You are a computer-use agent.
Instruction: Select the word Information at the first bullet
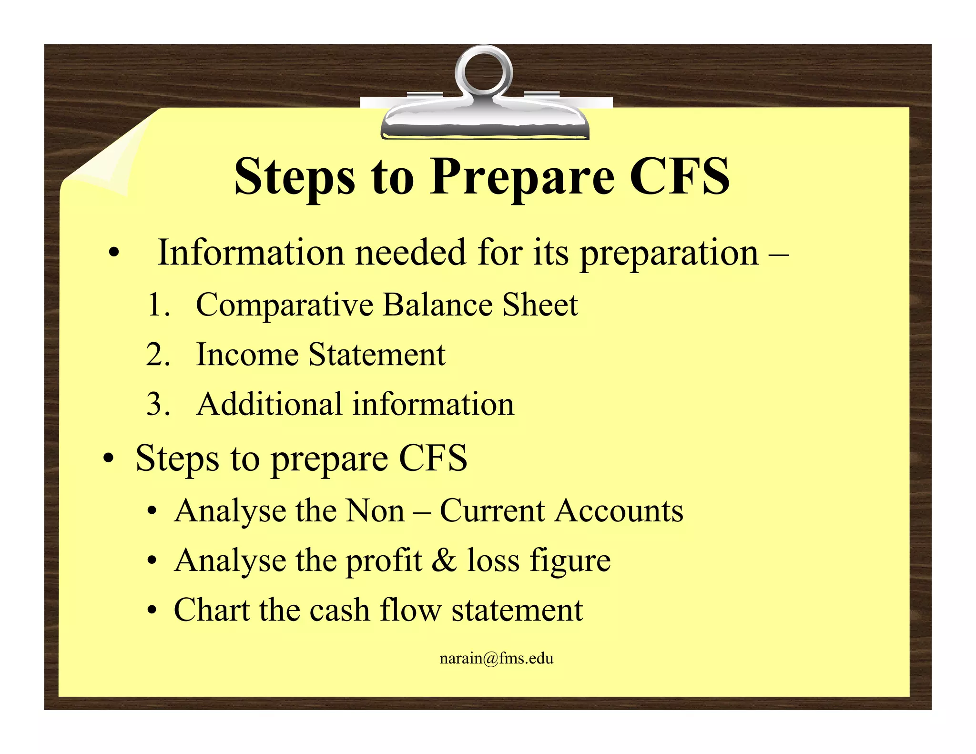click(251, 253)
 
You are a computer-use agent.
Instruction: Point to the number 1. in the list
click(158, 305)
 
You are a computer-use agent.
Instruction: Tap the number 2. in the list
click(158, 355)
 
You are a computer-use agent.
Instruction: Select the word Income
click(247, 355)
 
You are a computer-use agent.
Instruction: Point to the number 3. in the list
click(158, 405)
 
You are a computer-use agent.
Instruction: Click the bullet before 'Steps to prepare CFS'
click(109, 459)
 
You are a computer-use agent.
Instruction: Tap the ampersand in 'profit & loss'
click(444, 560)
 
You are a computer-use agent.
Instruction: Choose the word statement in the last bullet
click(517, 610)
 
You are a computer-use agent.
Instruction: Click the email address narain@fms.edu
click(496, 659)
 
